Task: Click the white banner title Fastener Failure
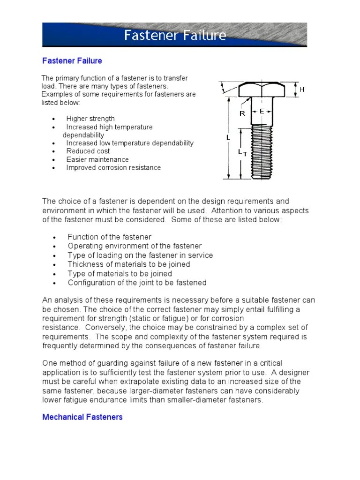[x=175, y=36]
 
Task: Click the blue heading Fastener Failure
[x=72, y=61]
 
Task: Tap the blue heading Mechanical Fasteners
[x=82, y=417]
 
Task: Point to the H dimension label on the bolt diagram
[x=302, y=89]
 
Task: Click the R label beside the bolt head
[x=242, y=113]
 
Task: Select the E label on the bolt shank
[x=262, y=111]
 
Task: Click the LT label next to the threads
[x=242, y=152]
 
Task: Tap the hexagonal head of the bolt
[x=262, y=89]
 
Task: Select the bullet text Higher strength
[x=90, y=119]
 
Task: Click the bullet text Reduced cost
[x=88, y=151]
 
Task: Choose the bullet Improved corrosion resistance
[x=113, y=167]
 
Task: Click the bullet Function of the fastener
[x=110, y=237]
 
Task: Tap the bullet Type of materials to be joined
[x=120, y=274]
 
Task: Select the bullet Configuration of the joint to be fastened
[x=137, y=283]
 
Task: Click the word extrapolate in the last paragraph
[x=134, y=382]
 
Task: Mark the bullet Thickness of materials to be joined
[x=129, y=264]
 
